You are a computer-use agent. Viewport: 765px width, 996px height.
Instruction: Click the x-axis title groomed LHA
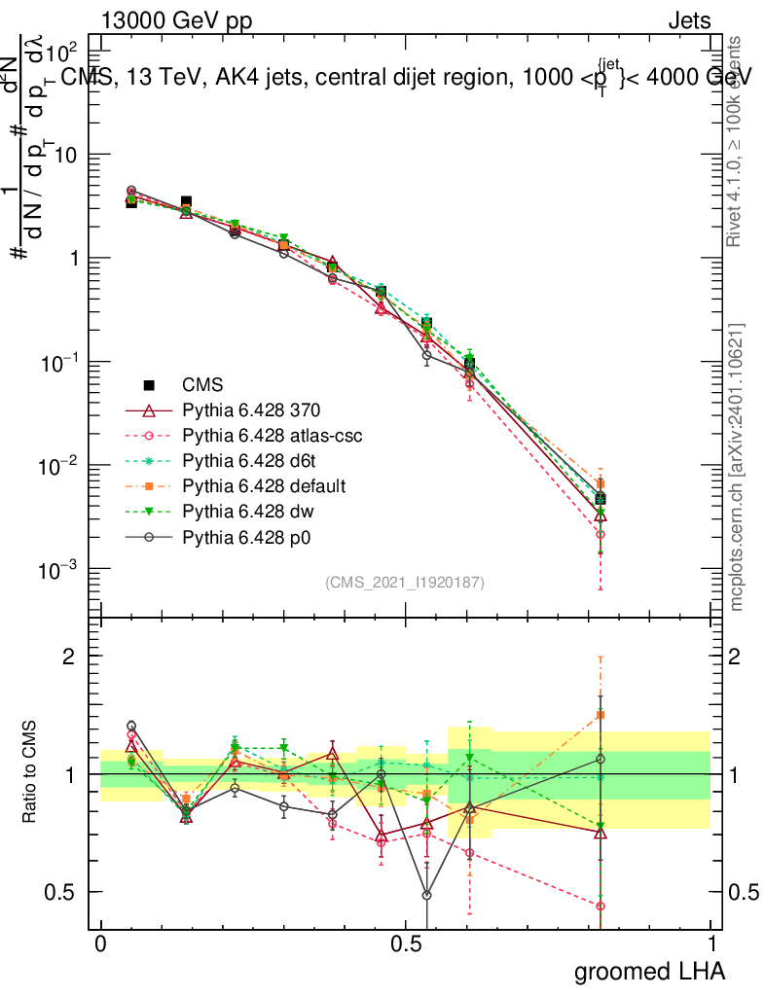point(650,971)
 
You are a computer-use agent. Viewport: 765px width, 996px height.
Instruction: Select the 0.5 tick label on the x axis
point(406,944)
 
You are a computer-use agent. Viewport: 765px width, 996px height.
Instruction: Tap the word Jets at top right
point(688,21)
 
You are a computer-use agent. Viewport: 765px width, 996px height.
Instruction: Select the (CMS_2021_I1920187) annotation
point(404,582)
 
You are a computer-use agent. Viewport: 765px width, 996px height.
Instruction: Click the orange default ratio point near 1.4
point(601,716)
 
